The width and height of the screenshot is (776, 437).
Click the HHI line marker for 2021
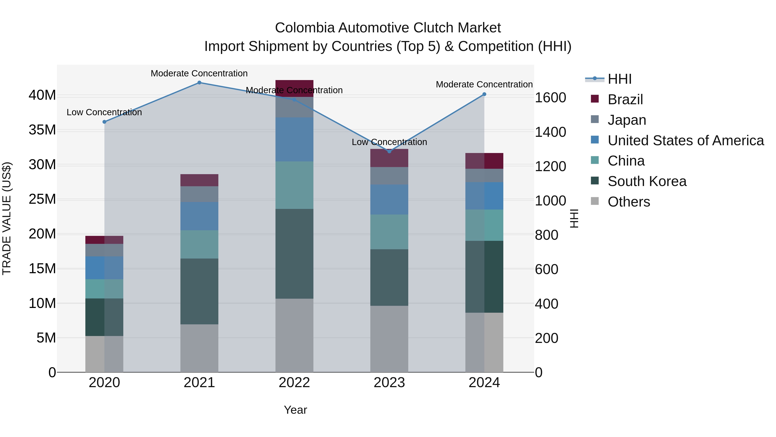point(199,83)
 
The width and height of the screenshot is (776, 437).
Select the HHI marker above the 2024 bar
point(484,94)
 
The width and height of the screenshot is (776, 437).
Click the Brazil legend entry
point(625,99)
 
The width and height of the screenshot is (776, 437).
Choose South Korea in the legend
point(647,181)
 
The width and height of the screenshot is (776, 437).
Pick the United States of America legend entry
point(685,140)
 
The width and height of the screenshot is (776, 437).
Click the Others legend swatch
point(595,201)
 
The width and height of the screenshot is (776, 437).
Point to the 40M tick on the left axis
point(42,95)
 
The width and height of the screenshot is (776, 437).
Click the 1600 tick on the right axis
point(550,98)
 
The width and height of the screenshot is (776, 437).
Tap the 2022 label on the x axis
point(294,383)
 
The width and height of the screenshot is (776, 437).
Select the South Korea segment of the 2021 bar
point(199,291)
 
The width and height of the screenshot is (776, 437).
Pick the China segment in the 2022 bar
point(294,185)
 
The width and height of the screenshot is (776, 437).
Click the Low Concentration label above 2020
point(104,112)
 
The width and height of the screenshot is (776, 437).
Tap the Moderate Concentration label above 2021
point(199,74)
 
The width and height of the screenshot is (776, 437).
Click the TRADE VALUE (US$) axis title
point(7,218)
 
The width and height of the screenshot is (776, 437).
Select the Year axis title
point(295,410)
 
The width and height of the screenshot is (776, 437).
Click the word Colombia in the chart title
point(305,28)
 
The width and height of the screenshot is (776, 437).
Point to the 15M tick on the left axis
point(42,269)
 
